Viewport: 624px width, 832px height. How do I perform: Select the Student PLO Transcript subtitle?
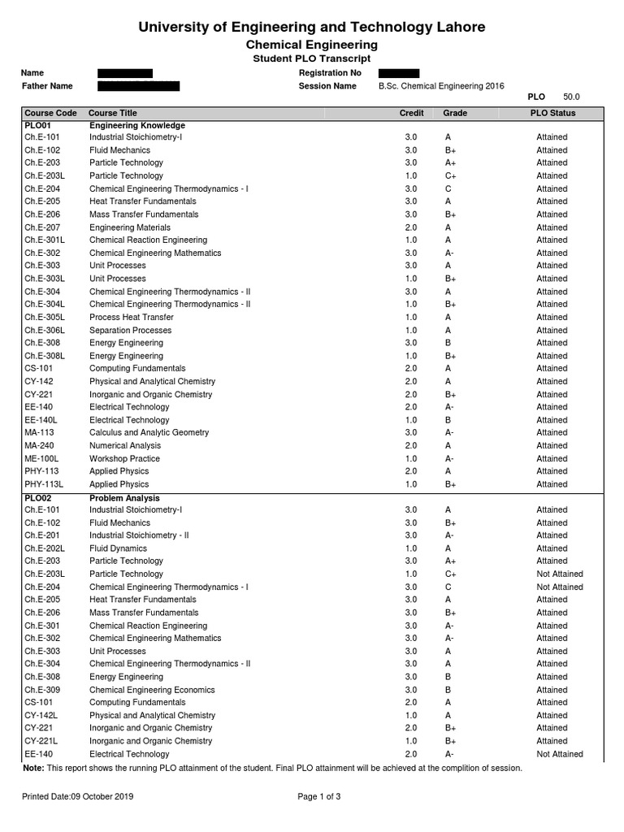click(311, 58)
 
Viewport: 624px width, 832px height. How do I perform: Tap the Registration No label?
click(330, 73)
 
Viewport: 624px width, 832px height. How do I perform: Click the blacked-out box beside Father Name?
click(138, 86)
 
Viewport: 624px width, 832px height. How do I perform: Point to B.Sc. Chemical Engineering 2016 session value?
click(441, 86)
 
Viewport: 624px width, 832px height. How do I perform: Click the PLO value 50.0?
click(571, 97)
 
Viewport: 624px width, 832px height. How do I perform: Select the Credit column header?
click(411, 113)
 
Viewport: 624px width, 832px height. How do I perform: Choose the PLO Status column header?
click(552, 113)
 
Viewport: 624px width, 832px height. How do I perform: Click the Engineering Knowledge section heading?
click(137, 126)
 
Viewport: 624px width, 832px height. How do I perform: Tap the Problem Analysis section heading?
click(124, 498)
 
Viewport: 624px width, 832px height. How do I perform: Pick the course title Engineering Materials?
click(130, 227)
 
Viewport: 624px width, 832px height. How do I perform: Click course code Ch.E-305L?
click(45, 318)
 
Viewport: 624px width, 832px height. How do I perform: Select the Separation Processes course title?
click(130, 331)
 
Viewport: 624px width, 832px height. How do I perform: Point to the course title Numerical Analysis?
click(125, 446)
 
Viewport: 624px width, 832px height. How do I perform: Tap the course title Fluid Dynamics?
click(118, 548)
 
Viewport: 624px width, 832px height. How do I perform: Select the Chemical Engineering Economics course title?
click(152, 690)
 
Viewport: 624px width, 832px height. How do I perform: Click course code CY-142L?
click(41, 716)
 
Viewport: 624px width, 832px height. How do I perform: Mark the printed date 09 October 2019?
click(78, 797)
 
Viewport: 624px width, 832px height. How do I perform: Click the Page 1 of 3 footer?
click(319, 797)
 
